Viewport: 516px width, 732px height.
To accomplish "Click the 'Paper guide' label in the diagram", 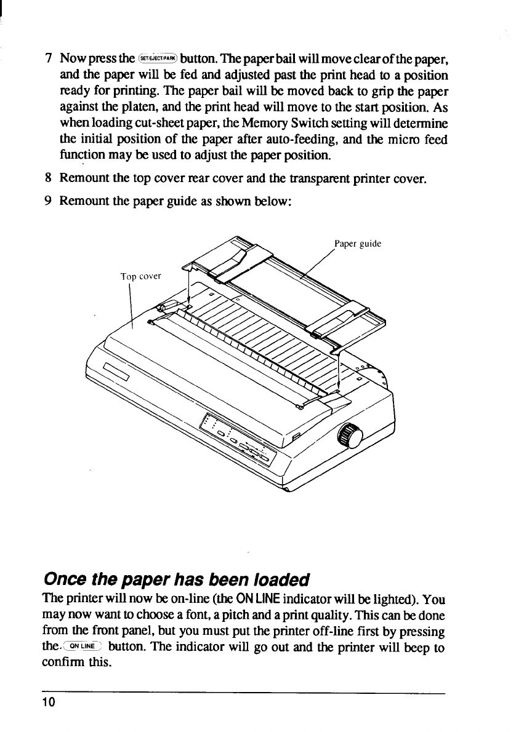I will click(x=358, y=244).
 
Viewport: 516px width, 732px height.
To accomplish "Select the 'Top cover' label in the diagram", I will click(x=140, y=276).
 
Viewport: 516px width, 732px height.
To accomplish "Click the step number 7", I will click(x=48, y=60).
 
